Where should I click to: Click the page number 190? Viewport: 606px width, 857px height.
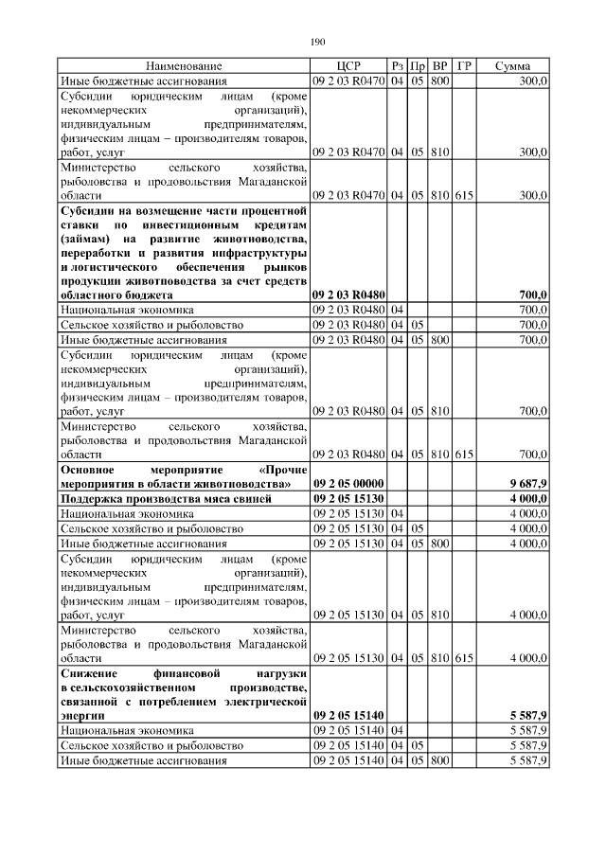coord(317,42)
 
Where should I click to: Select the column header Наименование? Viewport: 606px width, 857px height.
coord(184,66)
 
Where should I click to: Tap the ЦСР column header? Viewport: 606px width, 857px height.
coord(348,66)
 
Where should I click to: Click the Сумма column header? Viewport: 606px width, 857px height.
coord(511,66)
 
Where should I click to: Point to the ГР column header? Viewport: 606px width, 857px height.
coord(464,66)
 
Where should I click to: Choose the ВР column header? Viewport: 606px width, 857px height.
coord(439,66)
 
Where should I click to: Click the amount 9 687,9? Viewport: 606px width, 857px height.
coord(528,483)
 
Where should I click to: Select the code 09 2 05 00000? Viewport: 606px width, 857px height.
coord(348,483)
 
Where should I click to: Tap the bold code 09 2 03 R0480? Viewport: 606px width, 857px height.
coord(348,295)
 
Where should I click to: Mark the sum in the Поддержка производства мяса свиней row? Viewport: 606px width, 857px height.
coord(528,498)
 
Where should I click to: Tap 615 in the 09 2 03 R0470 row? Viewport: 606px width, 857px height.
coord(464,195)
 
